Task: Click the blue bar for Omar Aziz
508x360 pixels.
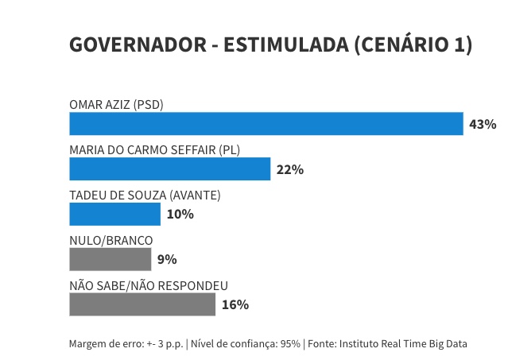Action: pyautogui.click(x=266, y=124)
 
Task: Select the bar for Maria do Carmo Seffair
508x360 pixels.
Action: pyautogui.click(x=170, y=169)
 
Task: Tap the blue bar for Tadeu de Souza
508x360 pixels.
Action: pyautogui.click(x=115, y=215)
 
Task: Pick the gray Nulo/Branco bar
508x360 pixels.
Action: pyautogui.click(x=111, y=259)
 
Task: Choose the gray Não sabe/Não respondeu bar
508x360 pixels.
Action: pyautogui.click(x=142, y=304)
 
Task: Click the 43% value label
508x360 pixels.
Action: pyautogui.click(x=483, y=125)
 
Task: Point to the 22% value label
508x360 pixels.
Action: pyautogui.click(x=289, y=169)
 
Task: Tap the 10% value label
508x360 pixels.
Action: pyautogui.click(x=180, y=215)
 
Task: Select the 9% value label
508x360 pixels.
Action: pyautogui.click(x=167, y=259)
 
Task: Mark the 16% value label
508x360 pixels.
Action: pyautogui.click(x=235, y=304)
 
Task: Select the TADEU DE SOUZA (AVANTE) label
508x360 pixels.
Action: pyautogui.click(x=145, y=195)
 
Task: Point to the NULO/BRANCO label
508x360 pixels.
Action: pyautogui.click(x=111, y=240)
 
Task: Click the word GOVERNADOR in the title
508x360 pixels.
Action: pyautogui.click(x=137, y=45)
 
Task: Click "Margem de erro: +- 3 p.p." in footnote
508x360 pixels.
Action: pyautogui.click(x=126, y=344)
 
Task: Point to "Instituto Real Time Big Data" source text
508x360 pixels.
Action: pyautogui.click(x=403, y=344)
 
